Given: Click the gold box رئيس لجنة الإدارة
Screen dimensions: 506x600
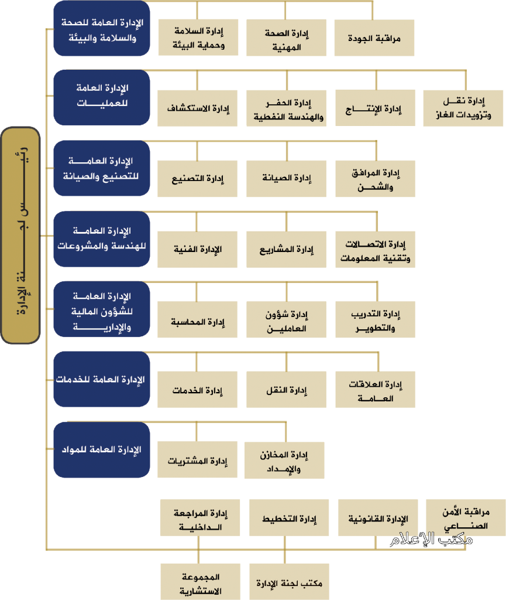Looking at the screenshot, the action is pyautogui.click(x=20, y=236).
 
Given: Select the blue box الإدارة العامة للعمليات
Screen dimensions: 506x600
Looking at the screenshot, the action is pyautogui.click(x=102, y=97).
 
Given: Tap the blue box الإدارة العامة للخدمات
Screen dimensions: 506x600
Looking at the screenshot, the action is pyautogui.click(x=102, y=379).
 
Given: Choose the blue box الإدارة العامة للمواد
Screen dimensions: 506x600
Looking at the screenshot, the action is pyautogui.click(x=102, y=449).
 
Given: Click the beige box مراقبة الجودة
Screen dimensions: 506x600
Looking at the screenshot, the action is pyautogui.click(x=374, y=38).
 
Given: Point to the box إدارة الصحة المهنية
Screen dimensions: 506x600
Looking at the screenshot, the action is pyautogui.click(x=287, y=38).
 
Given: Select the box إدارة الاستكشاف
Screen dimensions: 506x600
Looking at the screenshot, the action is pyautogui.click(x=198, y=108).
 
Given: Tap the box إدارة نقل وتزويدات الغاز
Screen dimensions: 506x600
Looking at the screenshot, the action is pyautogui.click(x=463, y=108).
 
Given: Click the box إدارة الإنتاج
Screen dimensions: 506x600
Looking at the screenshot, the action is pyautogui.click(x=376, y=108).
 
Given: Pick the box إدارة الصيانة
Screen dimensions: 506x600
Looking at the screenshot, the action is pyautogui.click(x=287, y=179).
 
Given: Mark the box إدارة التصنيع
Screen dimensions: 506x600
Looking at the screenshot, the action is pyautogui.click(x=198, y=179).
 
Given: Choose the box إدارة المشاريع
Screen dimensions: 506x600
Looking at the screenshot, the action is pyautogui.click(x=287, y=250).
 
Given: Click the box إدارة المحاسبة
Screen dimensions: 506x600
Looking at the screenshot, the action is pyautogui.click(x=198, y=319).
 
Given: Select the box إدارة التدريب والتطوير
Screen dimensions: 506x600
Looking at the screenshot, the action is pyautogui.click(x=376, y=319).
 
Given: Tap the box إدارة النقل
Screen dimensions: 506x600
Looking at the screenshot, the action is pyautogui.click(x=287, y=390).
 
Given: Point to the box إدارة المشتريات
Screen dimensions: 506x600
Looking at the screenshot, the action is pyautogui.click(x=198, y=459).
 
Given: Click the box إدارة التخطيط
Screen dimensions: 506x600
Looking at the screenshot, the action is pyautogui.click(x=289, y=518).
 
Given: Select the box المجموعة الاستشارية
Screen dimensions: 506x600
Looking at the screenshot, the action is pyautogui.click(x=201, y=582).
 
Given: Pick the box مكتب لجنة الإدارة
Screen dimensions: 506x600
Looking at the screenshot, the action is pyautogui.click(x=290, y=582).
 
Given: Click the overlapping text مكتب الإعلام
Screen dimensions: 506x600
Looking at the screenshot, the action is pyautogui.click(x=431, y=540).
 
